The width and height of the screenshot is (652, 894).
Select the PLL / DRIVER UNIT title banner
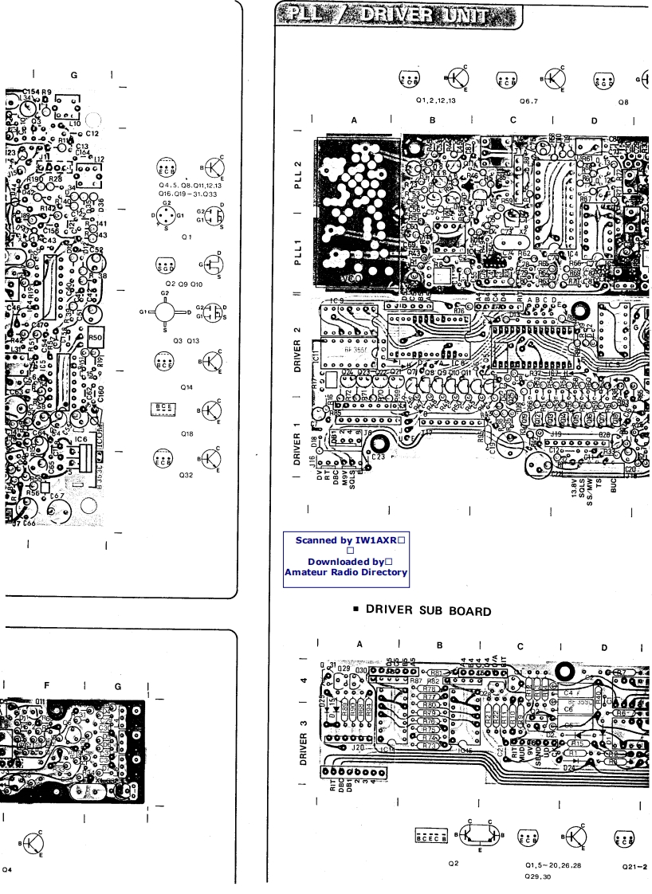pyautogui.click(x=398, y=15)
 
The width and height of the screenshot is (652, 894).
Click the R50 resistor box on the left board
pyautogui.click(x=97, y=339)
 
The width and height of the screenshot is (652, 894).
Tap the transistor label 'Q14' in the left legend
pyautogui.click(x=187, y=386)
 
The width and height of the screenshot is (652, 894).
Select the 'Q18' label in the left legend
pyautogui.click(x=187, y=433)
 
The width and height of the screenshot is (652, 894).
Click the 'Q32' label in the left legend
pyautogui.click(x=187, y=481)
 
